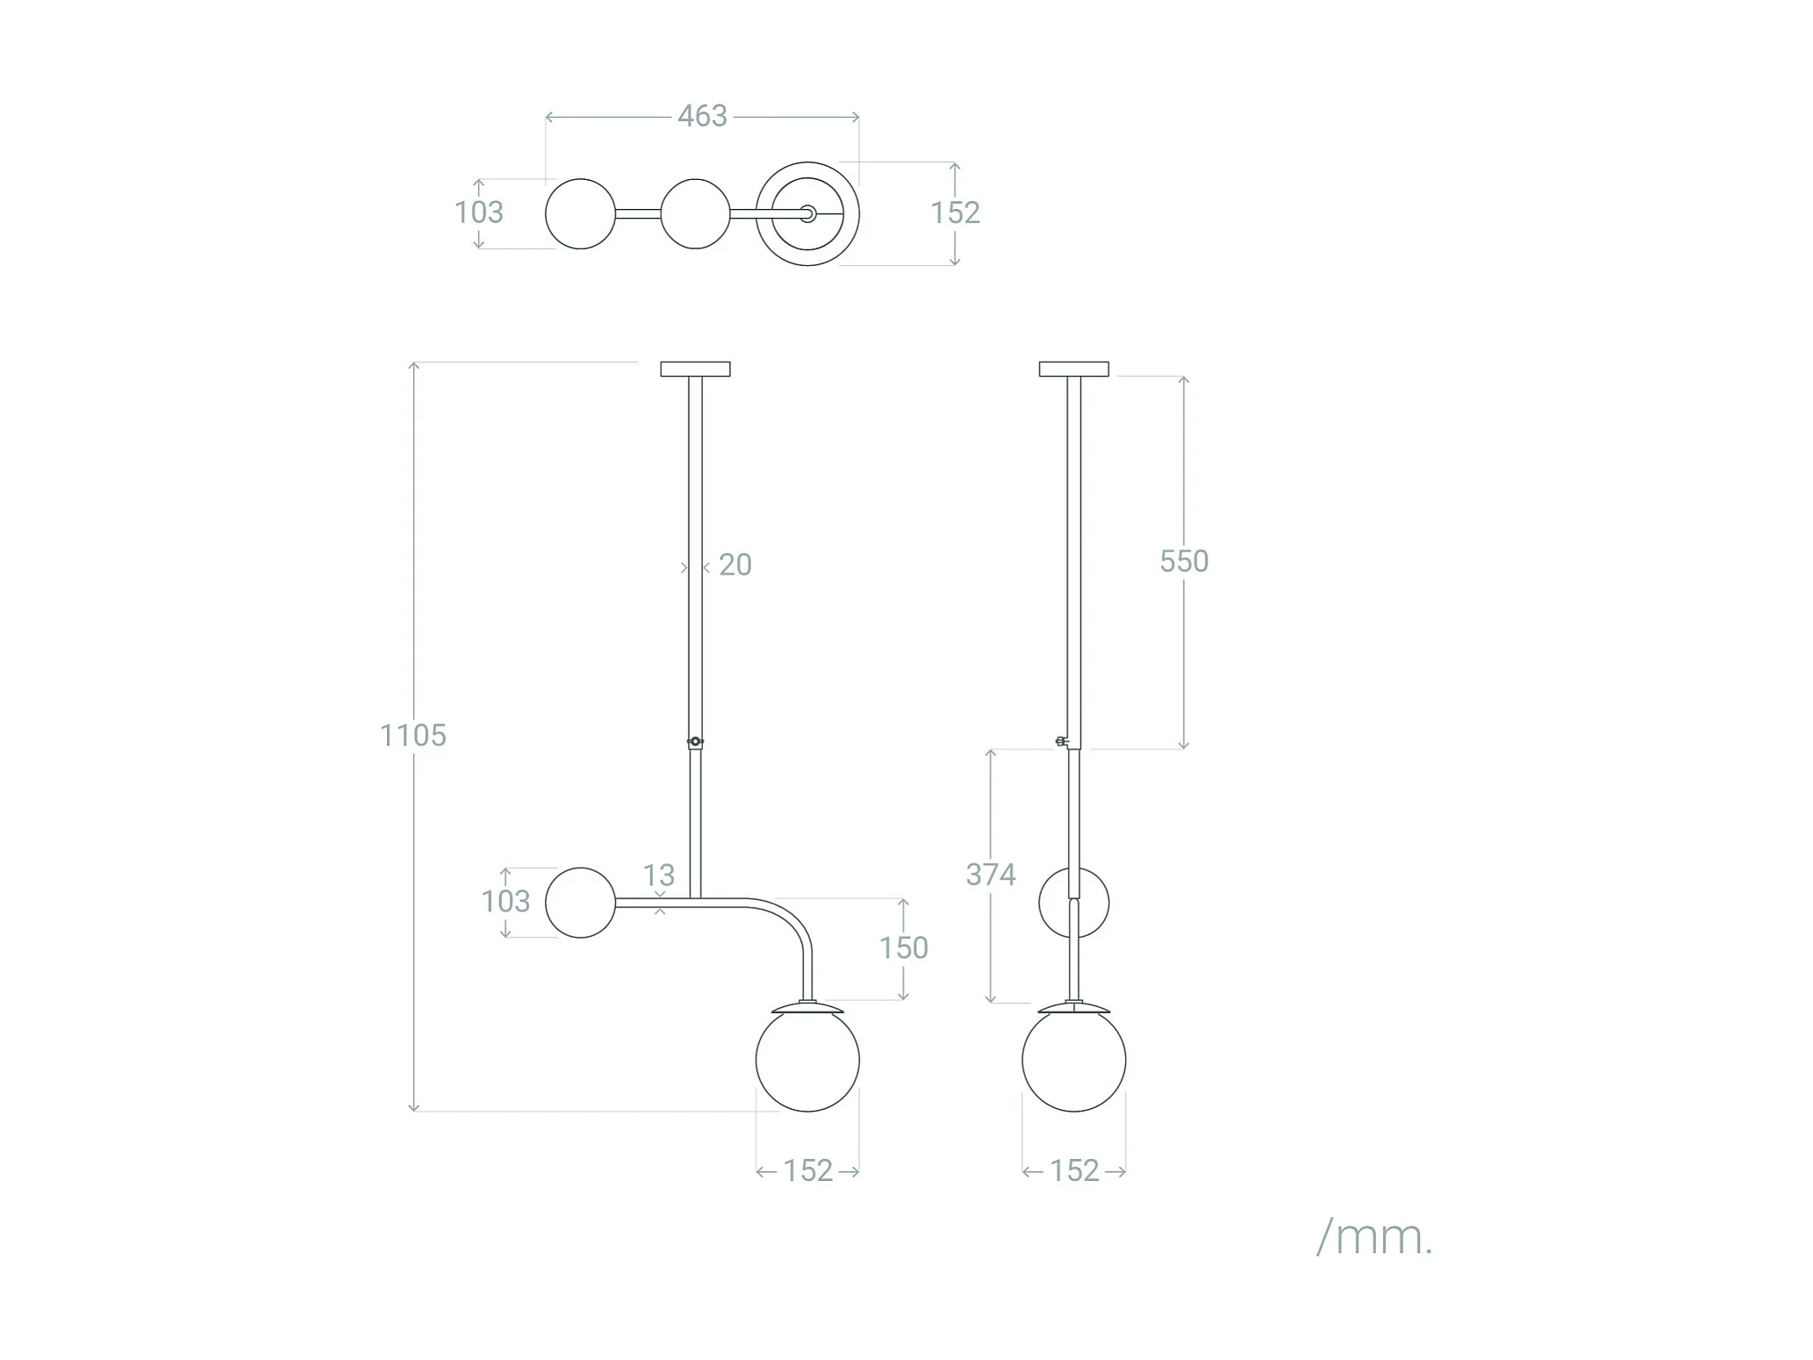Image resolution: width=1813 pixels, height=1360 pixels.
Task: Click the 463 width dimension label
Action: coord(702,116)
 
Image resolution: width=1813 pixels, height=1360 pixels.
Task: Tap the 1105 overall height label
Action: coord(412,735)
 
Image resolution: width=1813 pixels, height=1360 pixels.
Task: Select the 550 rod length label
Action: coord(1184,561)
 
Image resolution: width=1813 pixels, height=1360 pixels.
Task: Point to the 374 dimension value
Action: coord(991,874)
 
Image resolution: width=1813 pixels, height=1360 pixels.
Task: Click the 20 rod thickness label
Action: coord(735,565)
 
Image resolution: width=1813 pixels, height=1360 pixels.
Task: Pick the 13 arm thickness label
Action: coord(659,875)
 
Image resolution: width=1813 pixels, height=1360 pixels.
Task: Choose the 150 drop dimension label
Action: coord(904,947)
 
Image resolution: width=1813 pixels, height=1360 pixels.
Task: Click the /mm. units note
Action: coord(1374,1237)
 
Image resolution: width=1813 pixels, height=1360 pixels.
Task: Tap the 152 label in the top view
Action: coord(955,212)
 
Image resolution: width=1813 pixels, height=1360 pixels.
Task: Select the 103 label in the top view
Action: coord(479,212)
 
